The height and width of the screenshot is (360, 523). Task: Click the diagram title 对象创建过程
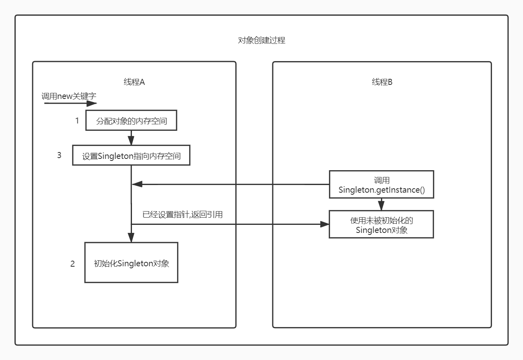[262, 40]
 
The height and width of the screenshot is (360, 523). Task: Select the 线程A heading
[134, 82]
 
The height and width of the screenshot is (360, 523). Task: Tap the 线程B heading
[382, 82]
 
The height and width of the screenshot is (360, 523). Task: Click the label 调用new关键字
[69, 97]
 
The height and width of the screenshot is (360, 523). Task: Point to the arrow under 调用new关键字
[70, 103]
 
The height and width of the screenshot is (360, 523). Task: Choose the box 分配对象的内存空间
[131, 121]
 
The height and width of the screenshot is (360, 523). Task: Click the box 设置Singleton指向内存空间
[131, 155]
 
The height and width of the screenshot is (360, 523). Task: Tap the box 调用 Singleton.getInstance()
[381, 185]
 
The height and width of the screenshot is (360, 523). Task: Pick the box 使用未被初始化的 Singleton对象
[381, 224]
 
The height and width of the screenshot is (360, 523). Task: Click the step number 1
[77, 120]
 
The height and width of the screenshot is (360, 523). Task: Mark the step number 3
[59, 155]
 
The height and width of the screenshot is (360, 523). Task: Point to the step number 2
[72, 264]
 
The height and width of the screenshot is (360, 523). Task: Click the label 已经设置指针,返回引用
[183, 214]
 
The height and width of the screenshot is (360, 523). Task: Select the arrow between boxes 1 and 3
[131, 138]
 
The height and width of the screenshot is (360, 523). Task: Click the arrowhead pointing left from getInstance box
[137, 184]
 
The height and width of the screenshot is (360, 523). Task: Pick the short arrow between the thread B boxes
[381, 204]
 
